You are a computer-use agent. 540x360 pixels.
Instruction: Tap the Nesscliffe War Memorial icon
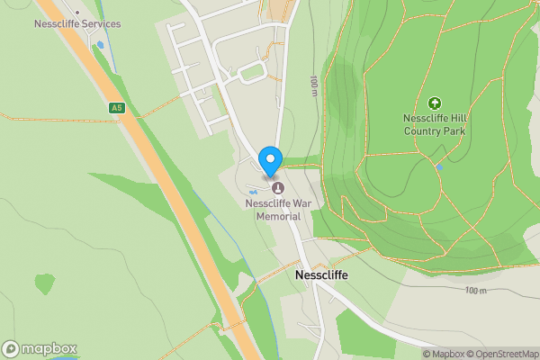(x=277, y=188)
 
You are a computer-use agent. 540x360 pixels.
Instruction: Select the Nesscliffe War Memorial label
(x=277, y=210)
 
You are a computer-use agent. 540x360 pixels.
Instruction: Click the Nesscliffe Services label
(x=77, y=23)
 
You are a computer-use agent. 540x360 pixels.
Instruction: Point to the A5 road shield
(x=116, y=108)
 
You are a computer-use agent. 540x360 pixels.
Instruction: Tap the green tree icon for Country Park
(x=435, y=104)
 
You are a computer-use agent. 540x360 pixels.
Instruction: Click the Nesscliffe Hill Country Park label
(x=434, y=125)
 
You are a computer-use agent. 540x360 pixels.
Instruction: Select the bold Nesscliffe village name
(x=321, y=275)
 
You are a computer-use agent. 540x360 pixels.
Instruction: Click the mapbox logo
(x=40, y=348)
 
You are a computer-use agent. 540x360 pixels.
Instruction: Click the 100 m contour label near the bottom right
(x=476, y=290)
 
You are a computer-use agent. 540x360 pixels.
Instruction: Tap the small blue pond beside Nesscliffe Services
(x=101, y=44)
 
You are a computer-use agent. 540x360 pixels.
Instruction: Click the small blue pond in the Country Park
(x=438, y=166)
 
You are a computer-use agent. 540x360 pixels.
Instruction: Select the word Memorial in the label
(x=278, y=216)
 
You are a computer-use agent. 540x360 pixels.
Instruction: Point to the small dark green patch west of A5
(x=44, y=283)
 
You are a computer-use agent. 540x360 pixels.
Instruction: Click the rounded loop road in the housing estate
(x=253, y=72)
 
